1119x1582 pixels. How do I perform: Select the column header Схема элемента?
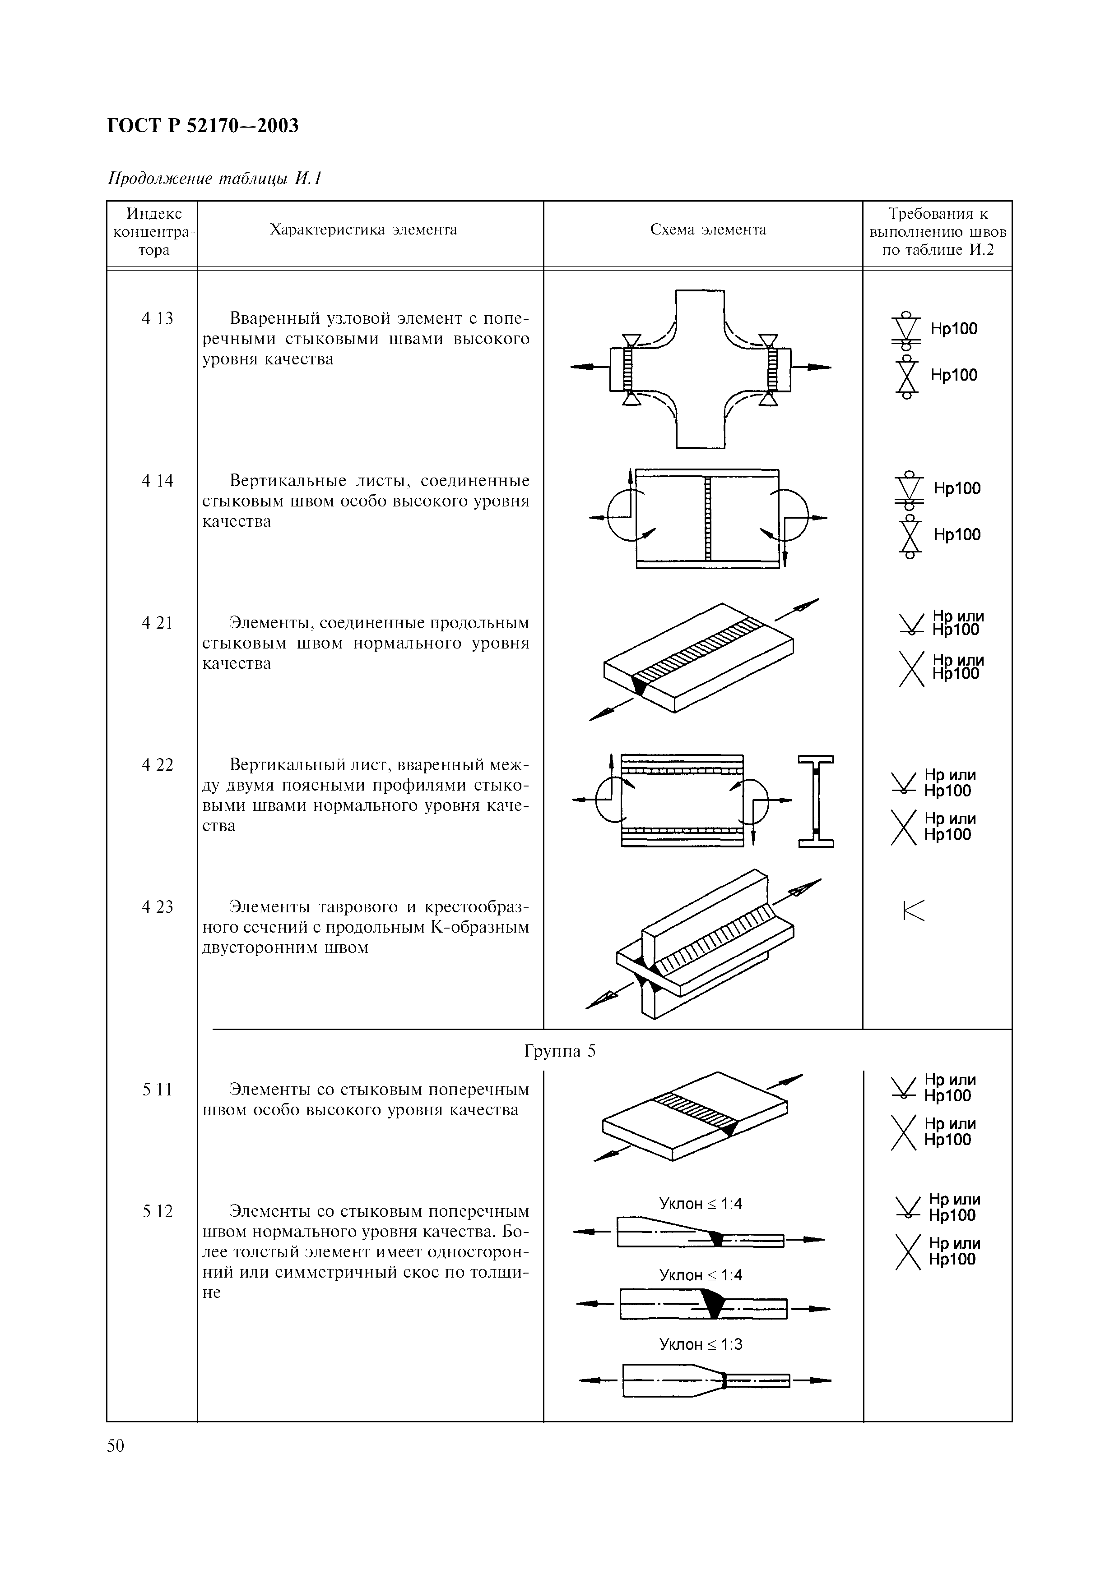pos(708,230)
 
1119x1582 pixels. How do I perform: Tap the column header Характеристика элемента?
pos(363,230)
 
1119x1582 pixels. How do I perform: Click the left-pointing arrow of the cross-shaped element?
pos(585,368)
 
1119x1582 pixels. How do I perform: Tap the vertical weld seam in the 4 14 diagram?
pos(707,518)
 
